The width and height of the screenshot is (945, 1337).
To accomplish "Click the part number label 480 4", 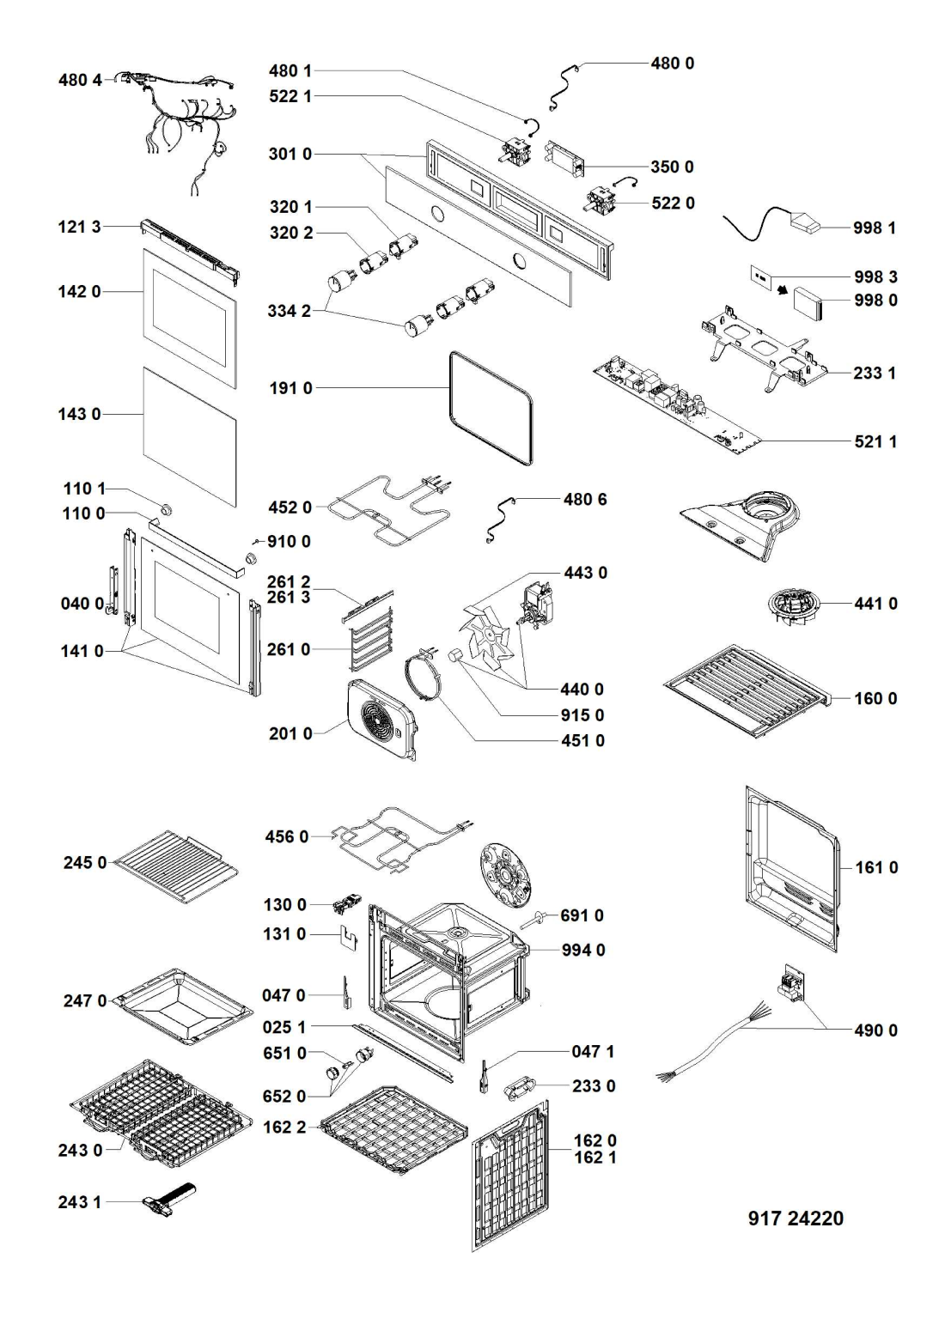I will pyautogui.click(x=80, y=80).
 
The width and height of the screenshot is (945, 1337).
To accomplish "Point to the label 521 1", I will pyautogui.click(x=875, y=441).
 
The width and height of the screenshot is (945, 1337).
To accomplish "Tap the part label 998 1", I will pyautogui.click(x=875, y=228).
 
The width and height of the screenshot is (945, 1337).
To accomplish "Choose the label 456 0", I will pyautogui.click(x=286, y=836).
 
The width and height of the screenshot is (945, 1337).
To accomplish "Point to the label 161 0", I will pyautogui.click(x=876, y=868).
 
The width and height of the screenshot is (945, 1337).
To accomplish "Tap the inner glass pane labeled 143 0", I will pyautogui.click(x=189, y=434).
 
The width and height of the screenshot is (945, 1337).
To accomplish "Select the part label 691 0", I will pyautogui.click(x=582, y=915).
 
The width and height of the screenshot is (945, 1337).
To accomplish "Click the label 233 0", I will pyautogui.click(x=594, y=1086).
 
